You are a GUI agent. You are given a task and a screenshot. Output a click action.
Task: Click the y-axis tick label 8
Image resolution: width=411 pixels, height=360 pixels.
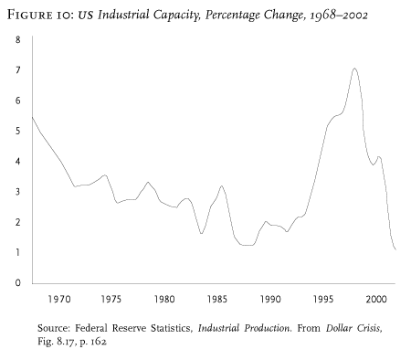pyautogui.click(x=18, y=40)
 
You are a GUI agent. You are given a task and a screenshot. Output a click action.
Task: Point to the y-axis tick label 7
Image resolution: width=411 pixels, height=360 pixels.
pyautogui.click(x=18, y=70)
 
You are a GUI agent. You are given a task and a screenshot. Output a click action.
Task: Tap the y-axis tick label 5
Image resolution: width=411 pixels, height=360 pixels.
pyautogui.click(x=18, y=131)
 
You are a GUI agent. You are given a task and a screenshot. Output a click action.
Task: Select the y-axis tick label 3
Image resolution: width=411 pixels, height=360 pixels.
pyautogui.click(x=18, y=192)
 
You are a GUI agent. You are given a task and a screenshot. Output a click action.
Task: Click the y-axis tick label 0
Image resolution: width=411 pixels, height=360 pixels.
pyautogui.click(x=18, y=282)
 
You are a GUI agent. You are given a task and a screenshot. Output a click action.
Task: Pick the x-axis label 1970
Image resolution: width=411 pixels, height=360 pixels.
pyautogui.click(x=60, y=299)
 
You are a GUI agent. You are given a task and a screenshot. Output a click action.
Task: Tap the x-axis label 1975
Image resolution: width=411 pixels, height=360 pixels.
pyautogui.click(x=112, y=299)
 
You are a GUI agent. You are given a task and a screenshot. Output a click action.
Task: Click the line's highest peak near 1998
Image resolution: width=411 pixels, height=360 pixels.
pyautogui.click(x=354, y=69)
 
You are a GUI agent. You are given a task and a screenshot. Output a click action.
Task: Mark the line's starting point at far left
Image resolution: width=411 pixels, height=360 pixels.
pyautogui.click(x=33, y=117)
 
